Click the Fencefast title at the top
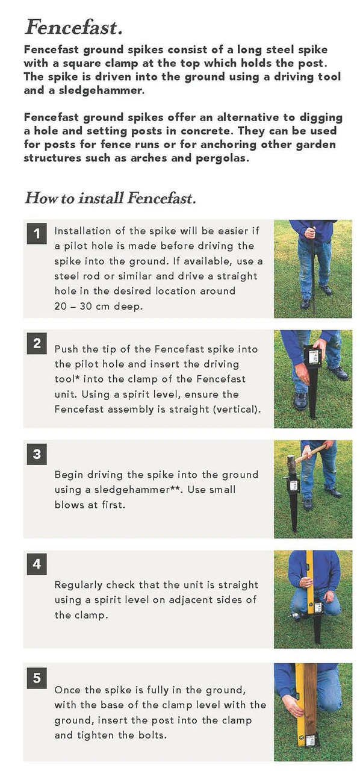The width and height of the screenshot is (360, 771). (73, 27)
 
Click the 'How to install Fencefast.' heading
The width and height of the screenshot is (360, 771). (111, 198)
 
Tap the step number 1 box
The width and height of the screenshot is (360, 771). (37, 234)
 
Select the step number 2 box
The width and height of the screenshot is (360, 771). (37, 343)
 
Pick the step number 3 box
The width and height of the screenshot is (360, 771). (37, 454)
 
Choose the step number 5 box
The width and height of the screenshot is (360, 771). (37, 678)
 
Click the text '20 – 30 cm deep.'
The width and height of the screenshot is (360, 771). (99, 306)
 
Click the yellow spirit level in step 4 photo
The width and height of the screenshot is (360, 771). (310, 582)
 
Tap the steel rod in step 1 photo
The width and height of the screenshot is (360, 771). (312, 268)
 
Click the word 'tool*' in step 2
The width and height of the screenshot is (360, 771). (67, 379)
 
